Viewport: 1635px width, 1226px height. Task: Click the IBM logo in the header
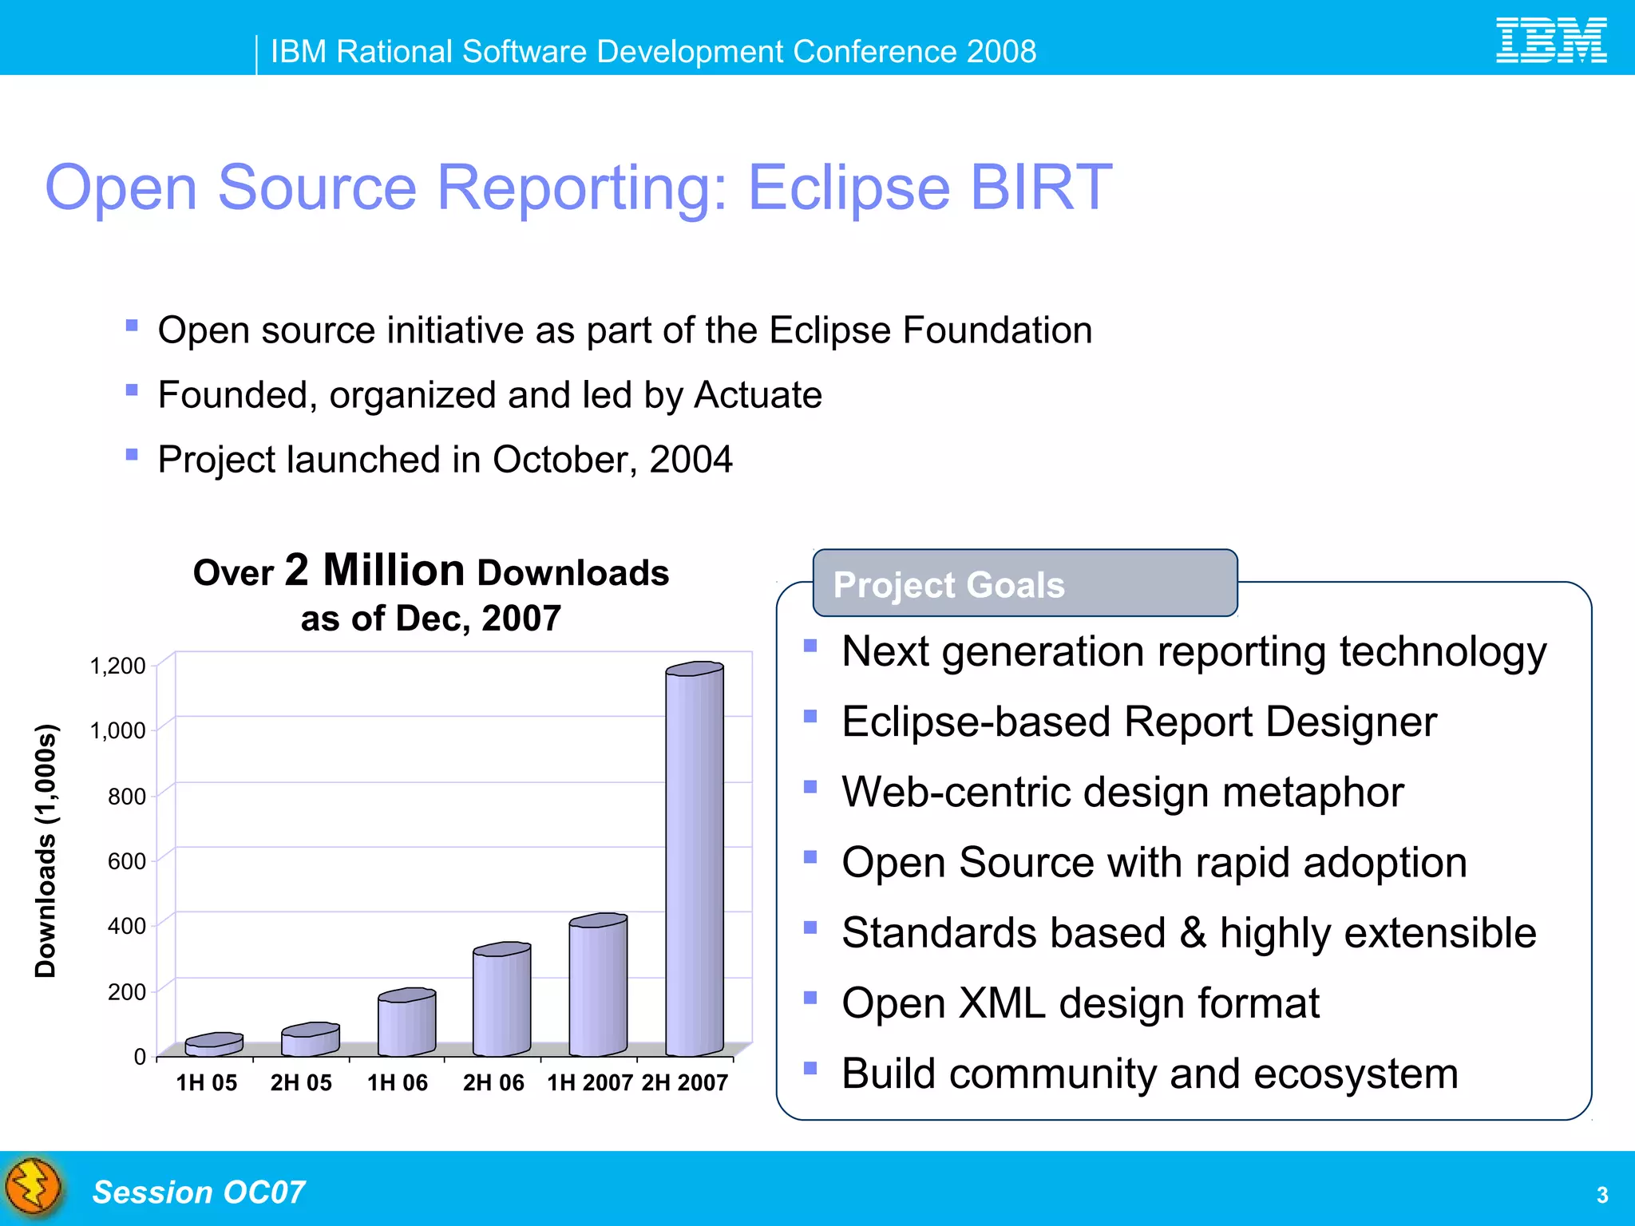tap(1550, 41)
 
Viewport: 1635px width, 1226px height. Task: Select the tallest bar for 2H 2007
tap(694, 862)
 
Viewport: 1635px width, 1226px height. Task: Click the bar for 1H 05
tap(213, 1045)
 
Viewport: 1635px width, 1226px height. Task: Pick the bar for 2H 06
tap(501, 1001)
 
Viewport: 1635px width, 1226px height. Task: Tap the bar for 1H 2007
tap(597, 986)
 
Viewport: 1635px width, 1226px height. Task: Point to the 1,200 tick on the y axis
tap(118, 666)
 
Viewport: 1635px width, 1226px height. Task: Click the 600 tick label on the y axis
tap(127, 861)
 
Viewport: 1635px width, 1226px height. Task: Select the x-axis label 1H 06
tap(397, 1083)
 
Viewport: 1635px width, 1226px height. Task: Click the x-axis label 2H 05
tap(301, 1083)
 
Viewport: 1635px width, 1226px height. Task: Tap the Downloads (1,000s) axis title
tap(46, 850)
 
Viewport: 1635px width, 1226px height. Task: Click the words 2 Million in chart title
tap(374, 571)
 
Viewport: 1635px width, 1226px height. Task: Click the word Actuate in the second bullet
tap(758, 395)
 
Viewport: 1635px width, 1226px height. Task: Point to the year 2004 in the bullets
tap(691, 460)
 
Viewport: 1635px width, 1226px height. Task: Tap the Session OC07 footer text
tap(199, 1192)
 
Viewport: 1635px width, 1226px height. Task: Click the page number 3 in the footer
tap(1601, 1195)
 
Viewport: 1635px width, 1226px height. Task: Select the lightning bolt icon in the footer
tap(34, 1188)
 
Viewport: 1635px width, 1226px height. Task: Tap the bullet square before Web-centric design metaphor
tap(810, 786)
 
